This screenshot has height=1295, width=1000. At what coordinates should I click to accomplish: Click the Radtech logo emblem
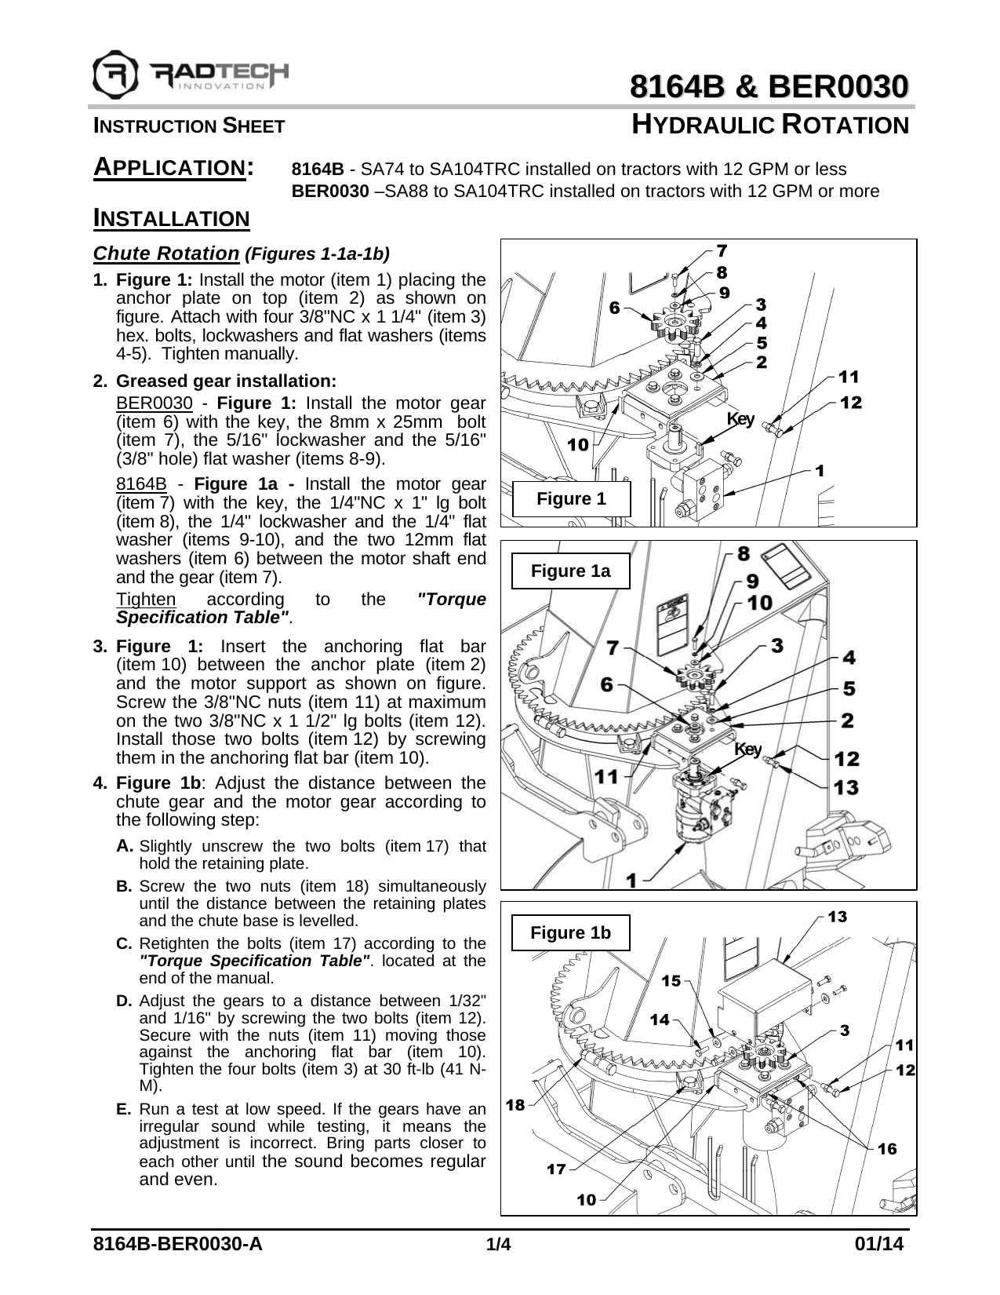pyautogui.click(x=116, y=75)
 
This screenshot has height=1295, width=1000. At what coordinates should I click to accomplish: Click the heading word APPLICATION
pyautogui.click(x=173, y=167)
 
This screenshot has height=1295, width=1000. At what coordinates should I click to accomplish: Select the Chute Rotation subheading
pyautogui.click(x=165, y=254)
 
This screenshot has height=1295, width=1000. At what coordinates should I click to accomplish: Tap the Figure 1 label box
pyautogui.click(x=571, y=499)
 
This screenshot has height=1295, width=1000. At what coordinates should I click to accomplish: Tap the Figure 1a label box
pyautogui.click(x=570, y=571)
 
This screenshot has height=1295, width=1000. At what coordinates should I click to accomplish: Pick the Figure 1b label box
pyautogui.click(x=570, y=932)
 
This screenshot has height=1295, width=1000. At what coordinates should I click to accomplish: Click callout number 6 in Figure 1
pyautogui.click(x=615, y=307)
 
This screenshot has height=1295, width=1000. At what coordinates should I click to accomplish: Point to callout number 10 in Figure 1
pyautogui.click(x=577, y=445)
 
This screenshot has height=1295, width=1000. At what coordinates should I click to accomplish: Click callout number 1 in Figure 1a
pyautogui.click(x=631, y=881)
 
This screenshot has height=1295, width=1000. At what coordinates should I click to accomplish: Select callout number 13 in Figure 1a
pyautogui.click(x=846, y=786)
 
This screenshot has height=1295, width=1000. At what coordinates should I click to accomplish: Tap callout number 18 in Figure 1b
pyautogui.click(x=515, y=1105)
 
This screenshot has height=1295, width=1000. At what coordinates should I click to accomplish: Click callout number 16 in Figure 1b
pyautogui.click(x=886, y=1148)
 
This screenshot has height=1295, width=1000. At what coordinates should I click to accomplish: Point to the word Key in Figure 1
pyautogui.click(x=740, y=418)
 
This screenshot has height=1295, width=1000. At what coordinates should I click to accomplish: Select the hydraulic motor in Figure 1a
pyautogui.click(x=700, y=808)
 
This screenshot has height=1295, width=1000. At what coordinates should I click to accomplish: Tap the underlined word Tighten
pyautogui.click(x=146, y=600)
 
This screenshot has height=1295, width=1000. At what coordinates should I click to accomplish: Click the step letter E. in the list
pyautogui.click(x=124, y=1109)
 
